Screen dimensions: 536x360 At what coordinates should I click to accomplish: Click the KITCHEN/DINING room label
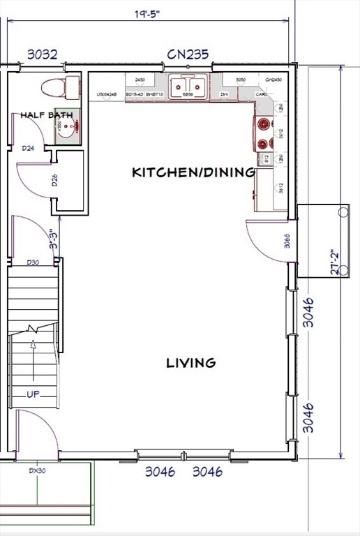(193, 172)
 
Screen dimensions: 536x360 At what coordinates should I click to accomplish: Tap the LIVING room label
(190, 362)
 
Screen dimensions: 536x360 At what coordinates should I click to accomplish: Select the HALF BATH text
(46, 114)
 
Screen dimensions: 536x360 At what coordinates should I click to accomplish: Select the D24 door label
(29, 148)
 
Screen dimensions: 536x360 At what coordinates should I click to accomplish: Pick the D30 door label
(32, 262)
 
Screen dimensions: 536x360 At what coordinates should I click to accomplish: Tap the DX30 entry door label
(37, 470)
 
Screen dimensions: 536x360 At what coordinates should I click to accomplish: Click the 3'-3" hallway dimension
(52, 239)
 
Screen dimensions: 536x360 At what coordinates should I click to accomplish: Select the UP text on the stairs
(33, 394)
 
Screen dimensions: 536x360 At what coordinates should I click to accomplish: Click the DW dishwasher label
(224, 94)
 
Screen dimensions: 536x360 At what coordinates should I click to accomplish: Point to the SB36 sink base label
(188, 94)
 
